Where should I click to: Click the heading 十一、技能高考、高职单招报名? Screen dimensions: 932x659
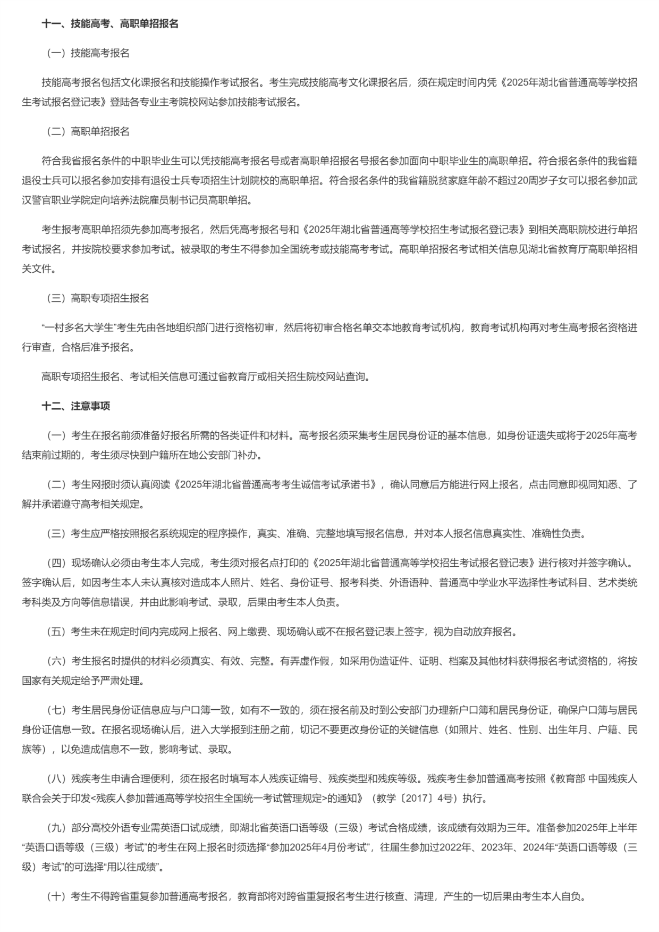[110, 24]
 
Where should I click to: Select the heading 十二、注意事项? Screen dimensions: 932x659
[76, 406]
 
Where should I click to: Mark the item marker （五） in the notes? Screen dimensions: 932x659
[56, 632]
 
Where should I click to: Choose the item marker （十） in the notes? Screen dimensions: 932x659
[56, 896]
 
